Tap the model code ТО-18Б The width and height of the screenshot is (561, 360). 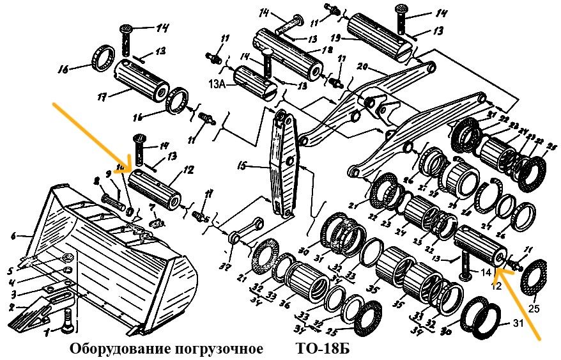[x=323, y=350]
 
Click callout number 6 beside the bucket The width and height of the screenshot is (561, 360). [x=13, y=236]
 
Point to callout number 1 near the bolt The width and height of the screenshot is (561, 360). [x=47, y=333]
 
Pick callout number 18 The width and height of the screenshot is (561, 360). [x=327, y=49]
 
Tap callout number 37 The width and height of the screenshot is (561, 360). [x=223, y=267]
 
